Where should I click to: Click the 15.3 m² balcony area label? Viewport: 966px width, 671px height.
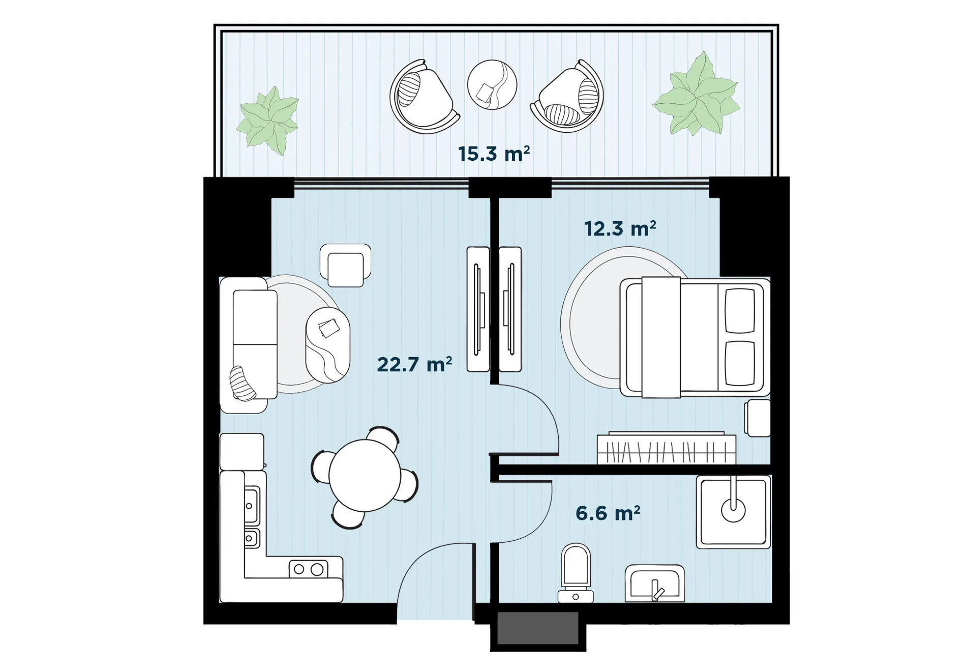click(x=494, y=154)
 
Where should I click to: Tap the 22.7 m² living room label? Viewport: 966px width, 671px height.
click(x=414, y=364)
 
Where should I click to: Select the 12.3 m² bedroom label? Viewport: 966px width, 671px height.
click(x=620, y=229)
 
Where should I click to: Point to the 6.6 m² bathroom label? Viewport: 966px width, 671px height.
click(x=608, y=513)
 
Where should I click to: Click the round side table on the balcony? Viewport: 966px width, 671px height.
click(x=492, y=84)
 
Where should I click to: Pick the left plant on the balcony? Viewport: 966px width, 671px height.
click(x=267, y=120)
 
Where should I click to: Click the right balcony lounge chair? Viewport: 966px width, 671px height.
click(x=567, y=97)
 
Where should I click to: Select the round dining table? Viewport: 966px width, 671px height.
click(x=365, y=476)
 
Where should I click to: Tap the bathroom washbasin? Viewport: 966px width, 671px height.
click(x=654, y=583)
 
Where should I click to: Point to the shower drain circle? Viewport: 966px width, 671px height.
click(x=733, y=510)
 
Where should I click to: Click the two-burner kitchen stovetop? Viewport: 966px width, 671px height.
click(x=308, y=569)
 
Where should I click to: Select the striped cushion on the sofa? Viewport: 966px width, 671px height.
click(x=243, y=384)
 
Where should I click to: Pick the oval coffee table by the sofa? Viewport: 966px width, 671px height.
click(x=327, y=345)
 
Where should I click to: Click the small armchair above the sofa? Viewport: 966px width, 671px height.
click(x=345, y=265)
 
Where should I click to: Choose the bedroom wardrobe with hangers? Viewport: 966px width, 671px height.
click(x=666, y=448)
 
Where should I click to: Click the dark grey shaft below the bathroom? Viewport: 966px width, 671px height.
click(x=538, y=629)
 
